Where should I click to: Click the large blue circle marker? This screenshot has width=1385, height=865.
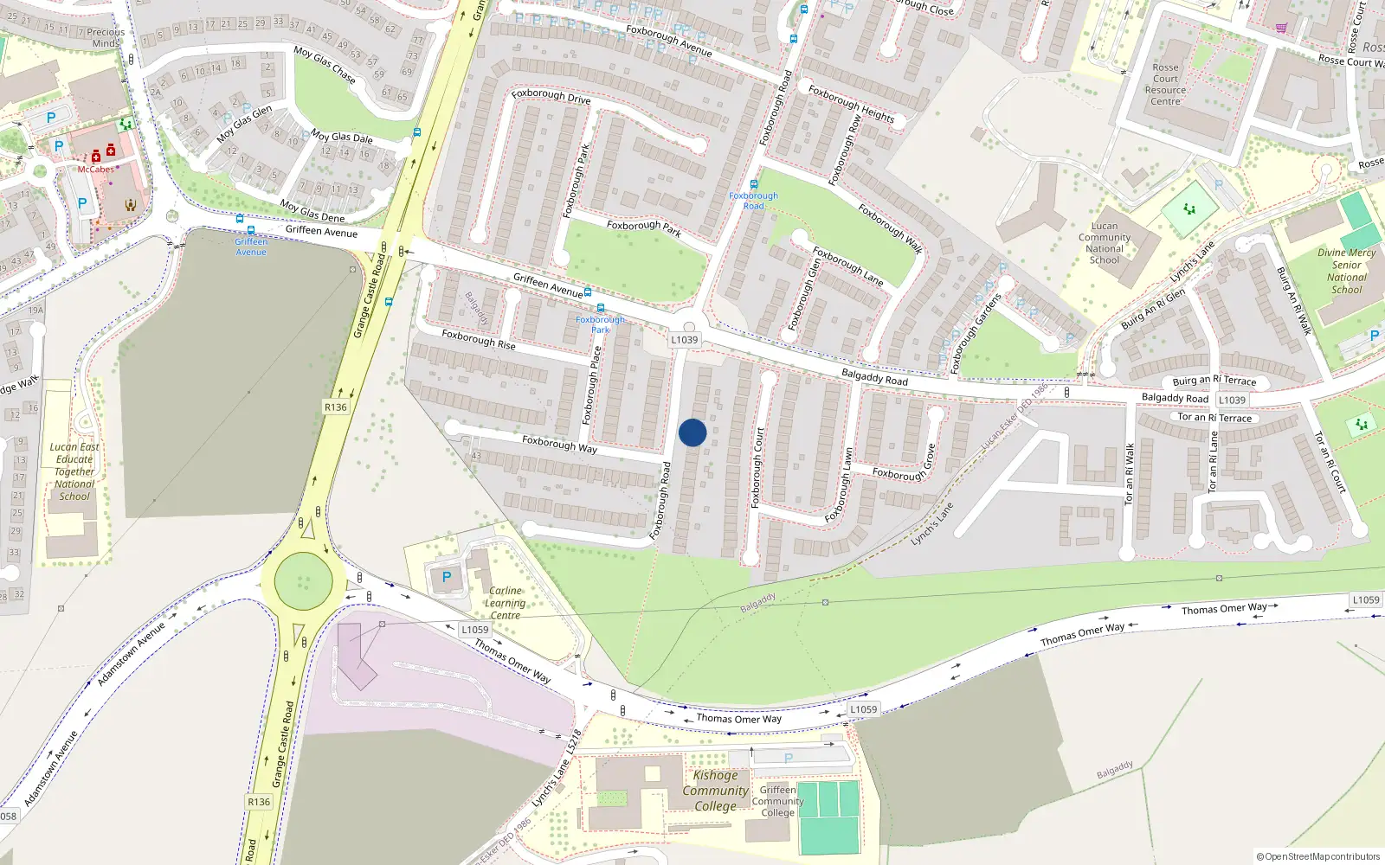[x=692, y=432]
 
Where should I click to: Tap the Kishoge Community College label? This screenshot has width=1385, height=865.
[x=715, y=791]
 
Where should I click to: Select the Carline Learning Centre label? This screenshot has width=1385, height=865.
[x=506, y=603]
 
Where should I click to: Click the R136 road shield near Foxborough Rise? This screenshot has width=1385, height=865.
[x=335, y=407]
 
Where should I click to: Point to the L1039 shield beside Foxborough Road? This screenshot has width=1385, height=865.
[x=684, y=340]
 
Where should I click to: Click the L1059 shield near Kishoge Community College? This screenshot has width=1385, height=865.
[x=863, y=709]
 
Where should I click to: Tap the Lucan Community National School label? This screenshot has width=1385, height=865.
[x=1104, y=243]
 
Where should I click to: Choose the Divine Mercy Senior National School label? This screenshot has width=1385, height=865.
[x=1346, y=272]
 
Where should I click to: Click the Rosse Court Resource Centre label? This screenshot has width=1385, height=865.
[x=1165, y=85]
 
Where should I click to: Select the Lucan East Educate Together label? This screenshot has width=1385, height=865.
[x=75, y=471]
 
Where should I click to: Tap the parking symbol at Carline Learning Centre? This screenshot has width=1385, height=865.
[x=447, y=577]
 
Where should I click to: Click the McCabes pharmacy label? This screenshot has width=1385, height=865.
[x=96, y=170]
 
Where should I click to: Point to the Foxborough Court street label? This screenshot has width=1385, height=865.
[x=758, y=467]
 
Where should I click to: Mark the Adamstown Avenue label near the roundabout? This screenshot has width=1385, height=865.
[x=131, y=653]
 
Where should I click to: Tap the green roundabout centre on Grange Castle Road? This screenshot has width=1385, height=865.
[x=303, y=581]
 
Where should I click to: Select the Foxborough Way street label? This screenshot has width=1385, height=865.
[x=559, y=445]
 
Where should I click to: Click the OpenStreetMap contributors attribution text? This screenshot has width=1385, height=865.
[x=1317, y=856]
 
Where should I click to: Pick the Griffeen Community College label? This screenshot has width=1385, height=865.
[x=777, y=801]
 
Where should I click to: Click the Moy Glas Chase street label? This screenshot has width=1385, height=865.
[x=325, y=65]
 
